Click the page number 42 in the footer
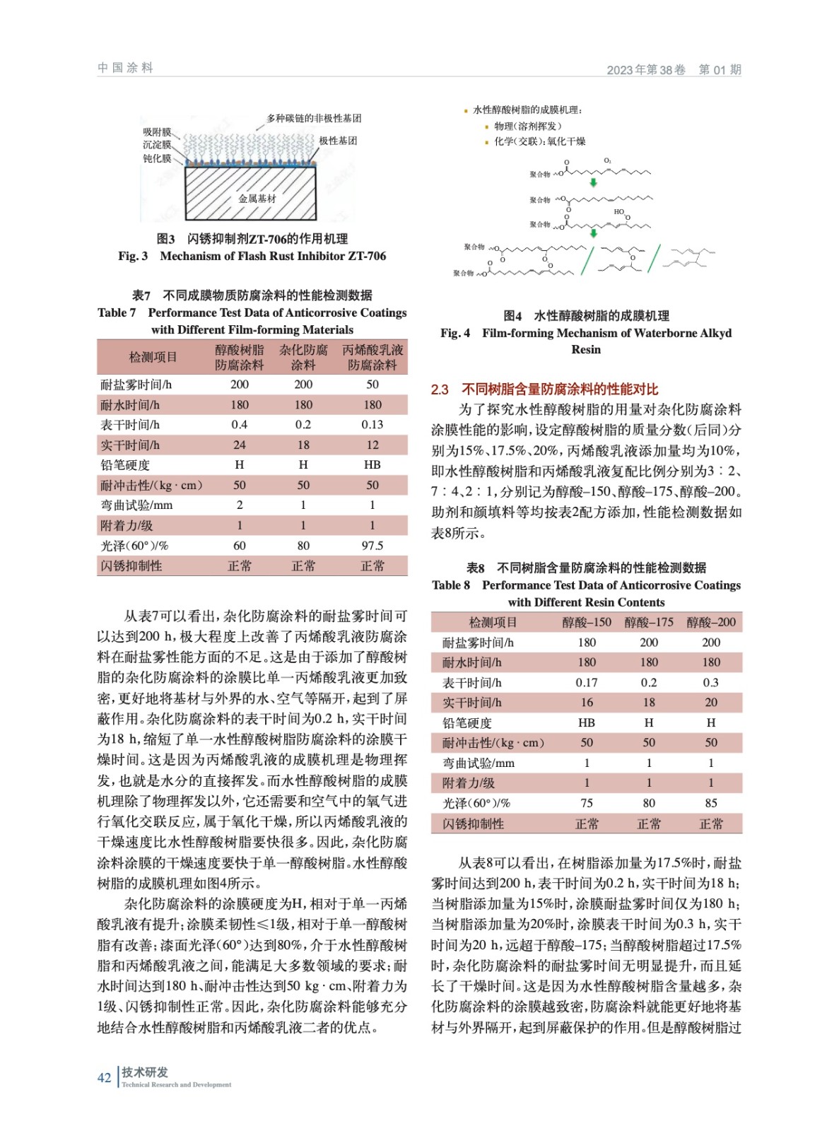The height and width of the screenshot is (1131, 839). (104, 1077)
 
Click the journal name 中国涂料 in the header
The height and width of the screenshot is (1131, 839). (125, 68)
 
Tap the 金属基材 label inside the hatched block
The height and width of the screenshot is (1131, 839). (257, 199)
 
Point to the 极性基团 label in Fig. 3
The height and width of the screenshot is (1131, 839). (338, 141)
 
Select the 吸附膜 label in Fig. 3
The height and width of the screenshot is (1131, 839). (157, 131)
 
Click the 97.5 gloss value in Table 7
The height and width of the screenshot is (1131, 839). (372, 546)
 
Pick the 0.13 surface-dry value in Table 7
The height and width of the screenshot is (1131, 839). (372, 424)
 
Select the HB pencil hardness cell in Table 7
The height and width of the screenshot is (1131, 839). (372, 464)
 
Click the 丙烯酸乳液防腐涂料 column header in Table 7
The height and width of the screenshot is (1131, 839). (372, 357)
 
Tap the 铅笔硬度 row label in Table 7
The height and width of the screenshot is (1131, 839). (125, 465)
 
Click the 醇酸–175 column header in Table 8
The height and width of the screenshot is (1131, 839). (648, 622)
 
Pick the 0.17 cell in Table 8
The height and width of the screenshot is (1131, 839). (586, 682)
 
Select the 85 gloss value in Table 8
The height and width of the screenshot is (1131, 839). (710, 803)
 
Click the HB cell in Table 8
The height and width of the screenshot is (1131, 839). (586, 722)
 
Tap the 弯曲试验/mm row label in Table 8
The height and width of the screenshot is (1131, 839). (479, 763)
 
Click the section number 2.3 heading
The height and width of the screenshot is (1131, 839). (440, 389)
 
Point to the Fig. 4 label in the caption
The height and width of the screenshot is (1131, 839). (455, 333)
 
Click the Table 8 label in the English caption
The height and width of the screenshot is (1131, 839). (451, 585)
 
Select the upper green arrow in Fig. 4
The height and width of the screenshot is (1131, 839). (594, 182)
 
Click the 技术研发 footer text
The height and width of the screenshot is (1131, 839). (145, 1072)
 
